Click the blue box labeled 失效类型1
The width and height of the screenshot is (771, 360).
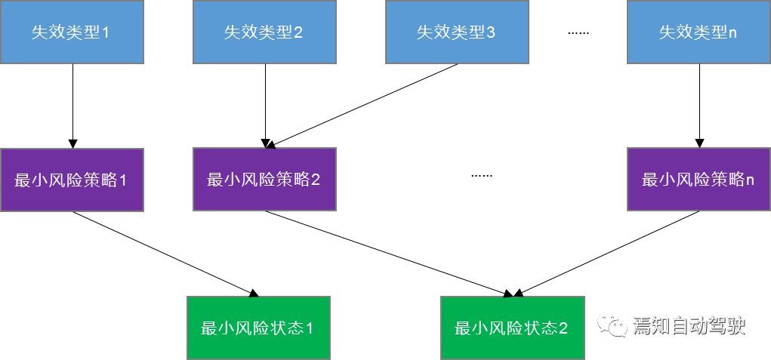(x=72, y=32)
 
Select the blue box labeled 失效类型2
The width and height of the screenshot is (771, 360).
(x=264, y=32)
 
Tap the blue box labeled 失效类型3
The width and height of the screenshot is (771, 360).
(x=457, y=32)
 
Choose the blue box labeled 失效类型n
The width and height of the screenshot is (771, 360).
(x=699, y=32)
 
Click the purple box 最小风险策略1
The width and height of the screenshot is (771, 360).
(x=72, y=180)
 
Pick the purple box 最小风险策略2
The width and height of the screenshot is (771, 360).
(x=264, y=179)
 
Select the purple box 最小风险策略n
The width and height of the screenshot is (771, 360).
(x=699, y=179)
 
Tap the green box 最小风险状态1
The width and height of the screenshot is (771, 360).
(x=258, y=328)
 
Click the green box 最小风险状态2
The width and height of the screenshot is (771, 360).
(x=512, y=328)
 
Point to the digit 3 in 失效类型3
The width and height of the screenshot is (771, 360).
(x=491, y=32)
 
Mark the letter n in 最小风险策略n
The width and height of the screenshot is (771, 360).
(x=750, y=180)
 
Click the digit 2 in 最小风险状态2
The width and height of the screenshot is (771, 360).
(x=563, y=329)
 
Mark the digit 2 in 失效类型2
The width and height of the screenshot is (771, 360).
(x=298, y=32)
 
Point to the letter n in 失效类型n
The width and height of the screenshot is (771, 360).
(x=732, y=32)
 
